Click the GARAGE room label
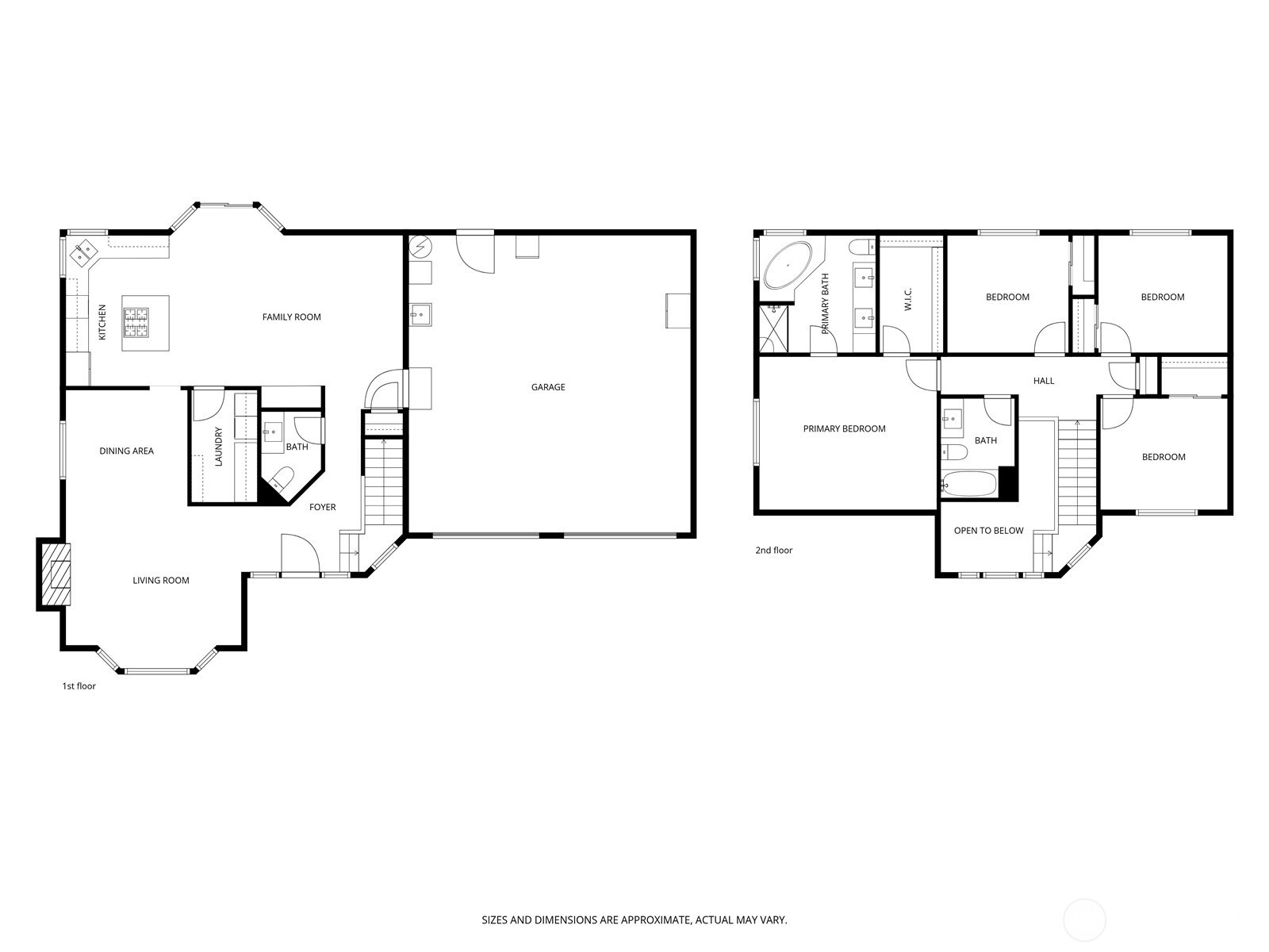(547, 386)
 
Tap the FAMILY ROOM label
(291, 317)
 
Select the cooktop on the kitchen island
(136, 322)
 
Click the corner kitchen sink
(82, 252)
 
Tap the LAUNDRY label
(218, 446)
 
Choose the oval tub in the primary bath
(788, 265)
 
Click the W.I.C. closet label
(907, 299)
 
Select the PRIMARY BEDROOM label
(844, 428)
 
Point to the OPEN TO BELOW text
(988, 530)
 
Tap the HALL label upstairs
(1044, 380)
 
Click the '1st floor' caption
(79, 685)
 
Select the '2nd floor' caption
(773, 550)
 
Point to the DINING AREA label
(126, 451)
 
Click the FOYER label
(322, 507)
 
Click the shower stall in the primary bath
(773, 328)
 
